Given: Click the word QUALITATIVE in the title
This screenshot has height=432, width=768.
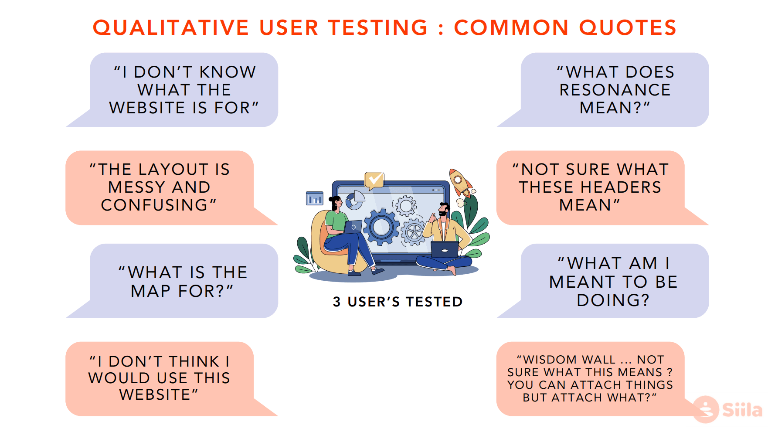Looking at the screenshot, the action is [171, 27].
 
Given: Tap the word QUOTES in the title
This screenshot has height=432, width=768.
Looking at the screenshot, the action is [628, 27].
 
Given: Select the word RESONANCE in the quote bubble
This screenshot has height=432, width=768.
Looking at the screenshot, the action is [615, 90].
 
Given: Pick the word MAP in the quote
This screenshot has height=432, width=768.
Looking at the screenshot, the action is [151, 291].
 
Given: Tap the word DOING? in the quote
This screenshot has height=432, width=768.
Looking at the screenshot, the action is [613, 300].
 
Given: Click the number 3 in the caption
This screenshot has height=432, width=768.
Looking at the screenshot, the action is [337, 302].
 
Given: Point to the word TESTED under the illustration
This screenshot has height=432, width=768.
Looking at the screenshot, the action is [434, 302].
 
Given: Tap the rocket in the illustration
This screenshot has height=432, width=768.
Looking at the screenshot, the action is [460, 183].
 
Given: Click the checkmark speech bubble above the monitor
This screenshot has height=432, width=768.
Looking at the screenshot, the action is [374, 180].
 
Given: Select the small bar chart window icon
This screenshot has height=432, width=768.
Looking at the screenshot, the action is [315, 198].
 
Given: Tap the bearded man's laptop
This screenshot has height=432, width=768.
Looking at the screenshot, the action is [445, 250].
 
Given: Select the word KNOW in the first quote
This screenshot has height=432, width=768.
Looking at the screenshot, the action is [228, 72].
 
